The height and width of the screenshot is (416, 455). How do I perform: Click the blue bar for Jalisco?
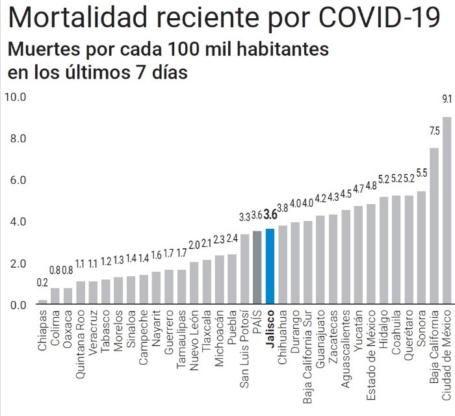pyautogui.click(x=270, y=266)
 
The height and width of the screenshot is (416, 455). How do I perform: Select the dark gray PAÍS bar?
pyautogui.click(x=257, y=267)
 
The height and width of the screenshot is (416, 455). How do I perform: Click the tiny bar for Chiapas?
pyautogui.click(x=42, y=302)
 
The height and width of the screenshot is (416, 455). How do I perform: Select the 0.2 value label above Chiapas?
pyautogui.click(x=42, y=283)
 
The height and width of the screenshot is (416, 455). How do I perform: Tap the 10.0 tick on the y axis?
pyautogui.click(x=14, y=97)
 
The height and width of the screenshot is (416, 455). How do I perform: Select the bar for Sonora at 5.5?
pyautogui.click(x=421, y=248)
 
